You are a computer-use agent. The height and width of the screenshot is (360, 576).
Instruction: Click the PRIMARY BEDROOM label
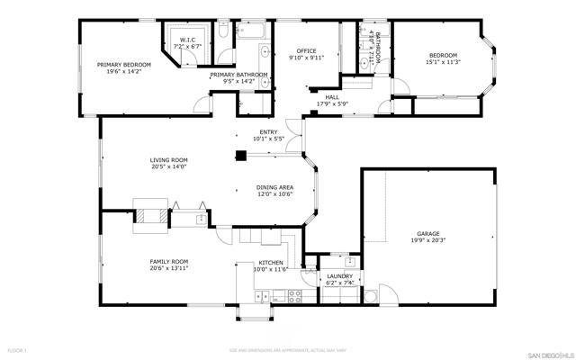[124, 65]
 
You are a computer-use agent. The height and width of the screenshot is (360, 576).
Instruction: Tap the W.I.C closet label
[187, 40]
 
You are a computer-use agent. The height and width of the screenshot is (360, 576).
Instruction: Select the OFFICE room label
[307, 51]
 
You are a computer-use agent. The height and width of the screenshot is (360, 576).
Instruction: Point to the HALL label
[332, 98]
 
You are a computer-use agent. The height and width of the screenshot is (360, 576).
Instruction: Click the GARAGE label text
[427, 234]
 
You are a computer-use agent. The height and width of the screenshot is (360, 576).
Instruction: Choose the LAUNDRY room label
[338, 276]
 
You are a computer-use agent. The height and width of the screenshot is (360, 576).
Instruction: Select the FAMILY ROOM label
[168, 262]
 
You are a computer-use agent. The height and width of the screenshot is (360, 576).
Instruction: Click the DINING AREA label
[274, 187]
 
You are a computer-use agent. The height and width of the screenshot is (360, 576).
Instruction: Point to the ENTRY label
[268, 132]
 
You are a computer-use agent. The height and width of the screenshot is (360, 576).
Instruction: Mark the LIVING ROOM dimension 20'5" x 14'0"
[168, 167]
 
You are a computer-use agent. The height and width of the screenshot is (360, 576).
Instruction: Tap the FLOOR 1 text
[18, 349]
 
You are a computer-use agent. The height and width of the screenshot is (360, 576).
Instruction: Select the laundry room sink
[350, 263]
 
